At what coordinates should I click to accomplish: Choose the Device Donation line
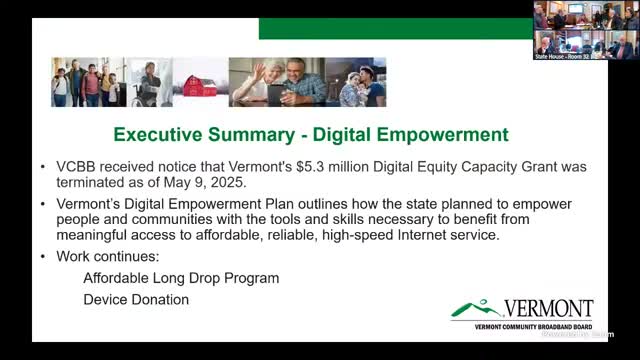point(135,299)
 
